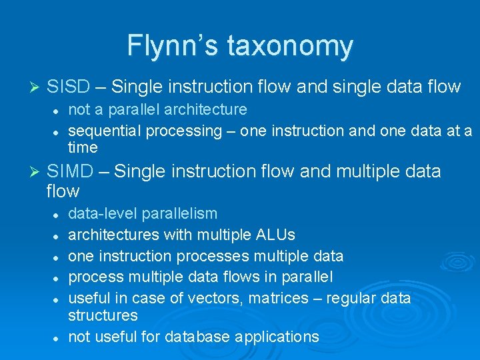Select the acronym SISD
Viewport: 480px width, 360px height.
[69, 86]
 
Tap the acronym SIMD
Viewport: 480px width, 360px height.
[70, 171]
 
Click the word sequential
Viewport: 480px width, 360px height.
[101, 131]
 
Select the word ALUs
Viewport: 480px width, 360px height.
[275, 235]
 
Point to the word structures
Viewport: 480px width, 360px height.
[103, 315]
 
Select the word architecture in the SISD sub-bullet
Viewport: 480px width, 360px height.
[204, 109]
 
